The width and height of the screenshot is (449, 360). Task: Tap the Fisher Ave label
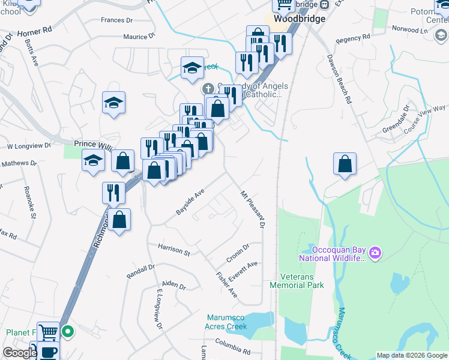227,284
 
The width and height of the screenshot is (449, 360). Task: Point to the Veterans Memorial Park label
302,281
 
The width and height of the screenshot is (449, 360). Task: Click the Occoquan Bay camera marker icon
376,253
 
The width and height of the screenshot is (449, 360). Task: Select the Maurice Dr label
139,37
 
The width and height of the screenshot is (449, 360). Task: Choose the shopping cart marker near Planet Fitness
49,331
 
